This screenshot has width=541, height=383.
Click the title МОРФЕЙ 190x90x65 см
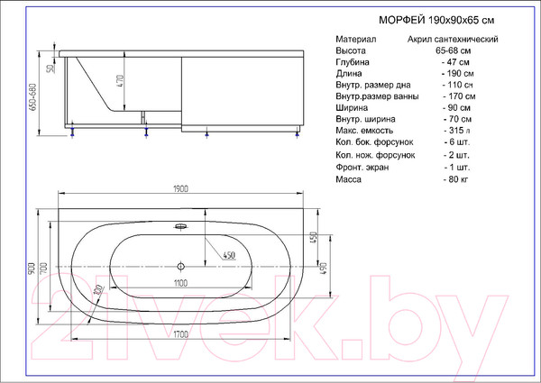(436, 20)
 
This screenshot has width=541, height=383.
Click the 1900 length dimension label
(180, 189)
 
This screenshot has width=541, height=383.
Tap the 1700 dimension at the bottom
(180, 334)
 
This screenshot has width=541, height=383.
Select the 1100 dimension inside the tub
(180, 283)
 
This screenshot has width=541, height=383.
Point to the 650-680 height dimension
(33, 96)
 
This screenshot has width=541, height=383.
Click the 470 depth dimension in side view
(120, 81)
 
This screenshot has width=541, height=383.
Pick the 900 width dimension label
(32, 269)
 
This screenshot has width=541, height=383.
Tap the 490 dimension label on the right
(324, 269)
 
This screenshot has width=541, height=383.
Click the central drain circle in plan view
(180, 266)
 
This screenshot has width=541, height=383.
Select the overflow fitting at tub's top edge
(181, 226)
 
